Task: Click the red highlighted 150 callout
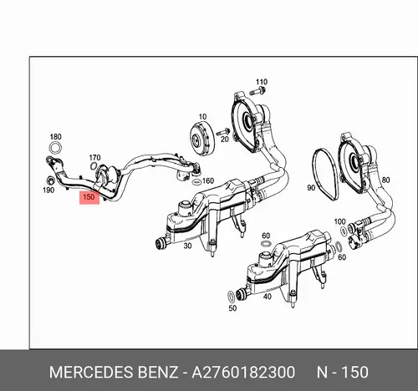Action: point(89,197)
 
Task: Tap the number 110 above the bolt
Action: point(262,82)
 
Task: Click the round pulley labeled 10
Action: point(201,138)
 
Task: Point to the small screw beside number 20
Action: point(222,131)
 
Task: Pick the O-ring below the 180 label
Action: point(55,148)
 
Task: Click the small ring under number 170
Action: point(94,165)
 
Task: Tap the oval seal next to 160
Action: point(196,182)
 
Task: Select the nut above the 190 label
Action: point(50,180)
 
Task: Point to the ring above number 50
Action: point(232,297)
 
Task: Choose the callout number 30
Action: point(187,246)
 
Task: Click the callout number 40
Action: point(267,297)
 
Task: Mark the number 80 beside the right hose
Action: point(385,180)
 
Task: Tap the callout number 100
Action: point(339,221)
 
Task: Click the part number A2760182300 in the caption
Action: point(243,372)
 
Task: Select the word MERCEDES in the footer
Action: point(91,372)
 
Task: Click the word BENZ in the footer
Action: point(158,372)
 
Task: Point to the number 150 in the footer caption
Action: point(354,372)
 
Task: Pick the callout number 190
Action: point(48,190)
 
